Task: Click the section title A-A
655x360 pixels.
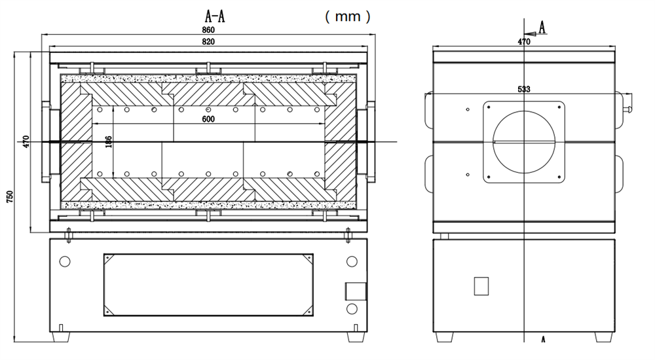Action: (x=216, y=16)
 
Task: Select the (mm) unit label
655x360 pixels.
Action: (x=348, y=16)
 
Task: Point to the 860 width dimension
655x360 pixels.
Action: (x=208, y=30)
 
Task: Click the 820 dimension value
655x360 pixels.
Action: (x=208, y=41)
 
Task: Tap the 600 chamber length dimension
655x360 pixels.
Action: (x=208, y=119)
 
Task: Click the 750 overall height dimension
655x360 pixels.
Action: (x=9, y=196)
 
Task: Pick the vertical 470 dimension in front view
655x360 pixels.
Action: (x=26, y=141)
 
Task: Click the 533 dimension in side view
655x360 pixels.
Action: (x=523, y=89)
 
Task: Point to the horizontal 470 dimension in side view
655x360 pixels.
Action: (x=523, y=41)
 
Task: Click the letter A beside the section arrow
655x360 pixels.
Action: (x=542, y=26)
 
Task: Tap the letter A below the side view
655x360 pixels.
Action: (x=542, y=340)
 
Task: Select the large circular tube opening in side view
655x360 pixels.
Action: (x=524, y=141)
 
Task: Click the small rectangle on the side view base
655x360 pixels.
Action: (x=481, y=285)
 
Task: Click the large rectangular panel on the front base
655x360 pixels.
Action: (x=208, y=285)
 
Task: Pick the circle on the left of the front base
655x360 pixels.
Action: (x=65, y=262)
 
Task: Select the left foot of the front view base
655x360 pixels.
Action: (x=62, y=336)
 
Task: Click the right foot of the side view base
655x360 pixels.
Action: (x=604, y=337)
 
